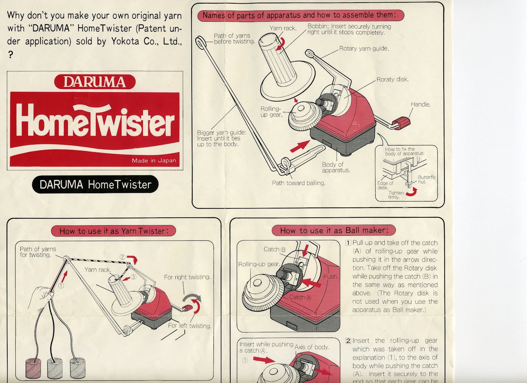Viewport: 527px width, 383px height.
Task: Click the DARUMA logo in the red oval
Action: click(x=95, y=82)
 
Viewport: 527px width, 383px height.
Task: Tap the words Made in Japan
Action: click(x=154, y=161)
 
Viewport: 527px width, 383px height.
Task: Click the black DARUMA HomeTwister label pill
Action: click(x=95, y=184)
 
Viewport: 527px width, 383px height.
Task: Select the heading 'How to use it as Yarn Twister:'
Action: click(x=114, y=231)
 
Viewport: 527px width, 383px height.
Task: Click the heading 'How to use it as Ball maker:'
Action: click(x=334, y=231)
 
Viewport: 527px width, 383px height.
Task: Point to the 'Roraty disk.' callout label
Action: click(x=392, y=79)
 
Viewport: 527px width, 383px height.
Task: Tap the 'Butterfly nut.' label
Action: click(x=426, y=179)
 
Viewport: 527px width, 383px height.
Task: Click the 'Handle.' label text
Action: click(x=420, y=104)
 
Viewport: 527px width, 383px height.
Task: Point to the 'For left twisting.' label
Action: click(x=189, y=326)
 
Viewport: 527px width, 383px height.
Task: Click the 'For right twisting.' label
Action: click(x=187, y=277)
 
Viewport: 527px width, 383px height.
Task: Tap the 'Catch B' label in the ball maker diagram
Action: click(x=275, y=249)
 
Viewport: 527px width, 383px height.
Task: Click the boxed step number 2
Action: click(x=348, y=341)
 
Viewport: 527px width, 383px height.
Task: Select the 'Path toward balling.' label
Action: click(x=298, y=183)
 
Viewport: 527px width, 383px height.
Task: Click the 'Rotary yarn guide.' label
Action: click(x=364, y=48)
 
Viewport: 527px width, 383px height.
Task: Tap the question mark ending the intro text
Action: click(x=11, y=55)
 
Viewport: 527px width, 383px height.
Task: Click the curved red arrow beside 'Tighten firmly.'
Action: click(x=412, y=192)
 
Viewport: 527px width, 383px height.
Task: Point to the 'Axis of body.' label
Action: click(x=312, y=347)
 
